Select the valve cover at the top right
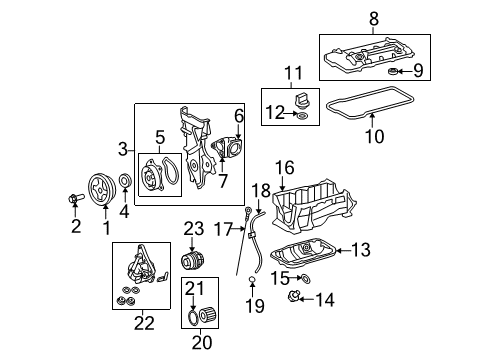(370, 57)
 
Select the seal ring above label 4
(126, 182)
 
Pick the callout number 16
(285, 167)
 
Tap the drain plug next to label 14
(296, 297)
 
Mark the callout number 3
(123, 149)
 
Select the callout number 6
(240, 116)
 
